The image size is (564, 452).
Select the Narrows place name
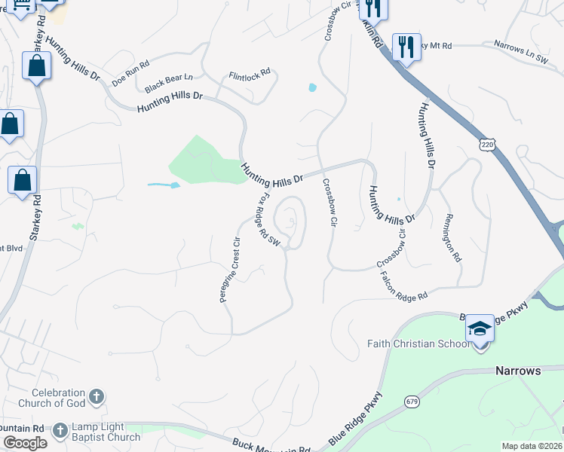[518, 371]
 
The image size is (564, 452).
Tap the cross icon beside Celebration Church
[97, 396]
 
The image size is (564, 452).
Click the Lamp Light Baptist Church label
[106, 432]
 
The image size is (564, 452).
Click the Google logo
[25, 443]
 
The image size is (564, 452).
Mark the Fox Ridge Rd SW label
[268, 220]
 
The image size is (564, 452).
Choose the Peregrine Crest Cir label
[230, 269]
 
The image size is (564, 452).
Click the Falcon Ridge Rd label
[404, 286]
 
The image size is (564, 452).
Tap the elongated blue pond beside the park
[164, 185]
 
